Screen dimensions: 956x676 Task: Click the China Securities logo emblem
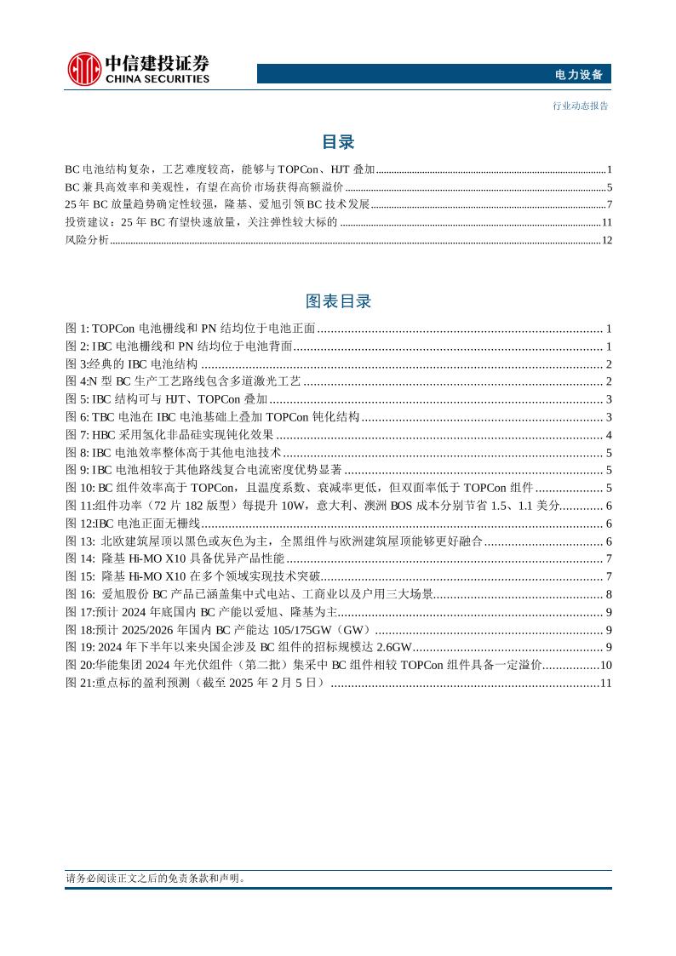(83, 68)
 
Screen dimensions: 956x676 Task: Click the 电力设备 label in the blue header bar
(578, 75)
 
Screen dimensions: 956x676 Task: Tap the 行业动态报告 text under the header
(580, 106)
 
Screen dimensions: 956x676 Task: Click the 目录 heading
(338, 142)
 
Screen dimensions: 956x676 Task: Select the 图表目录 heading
(338, 301)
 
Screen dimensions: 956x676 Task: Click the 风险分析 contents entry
(87, 240)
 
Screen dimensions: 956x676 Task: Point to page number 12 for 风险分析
(606, 240)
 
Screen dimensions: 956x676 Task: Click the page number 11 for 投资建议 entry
(606, 222)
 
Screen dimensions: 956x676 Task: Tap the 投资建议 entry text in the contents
(201, 222)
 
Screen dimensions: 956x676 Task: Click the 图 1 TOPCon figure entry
(191, 329)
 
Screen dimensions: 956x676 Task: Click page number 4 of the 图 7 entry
(609, 435)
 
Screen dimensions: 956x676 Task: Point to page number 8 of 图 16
(609, 594)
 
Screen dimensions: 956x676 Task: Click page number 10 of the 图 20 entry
(606, 665)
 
